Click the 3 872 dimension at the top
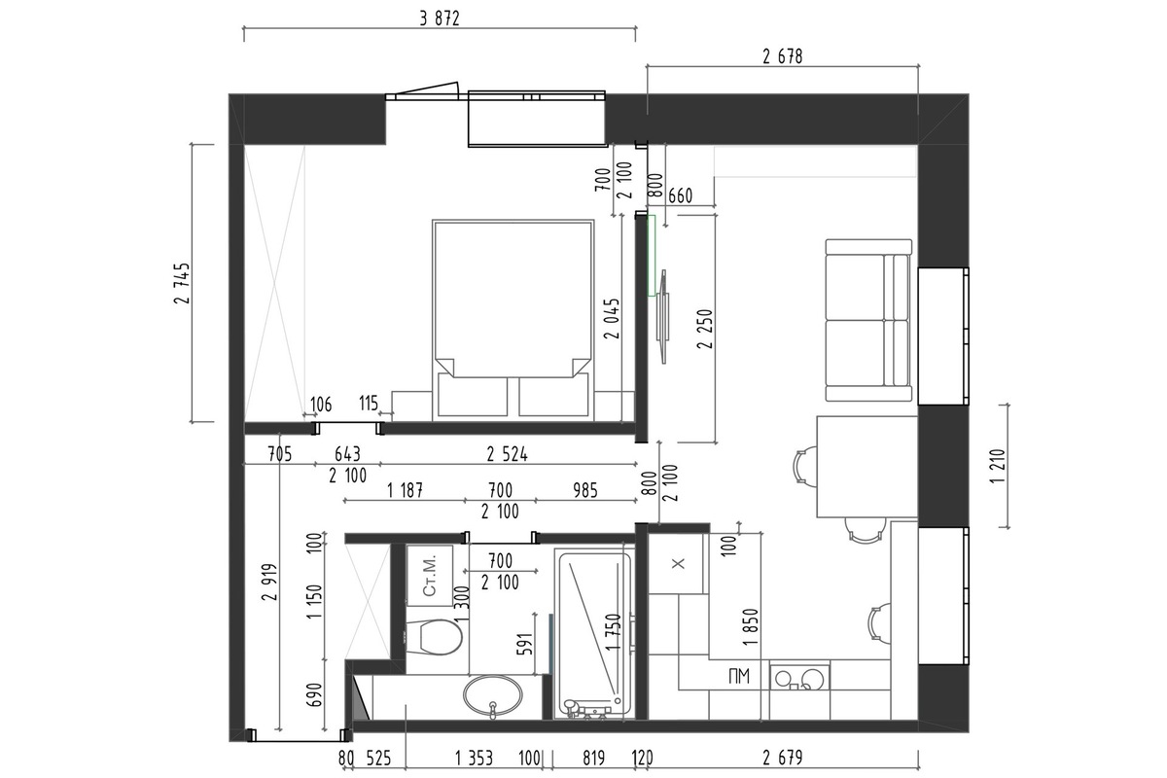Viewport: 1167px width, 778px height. (440, 18)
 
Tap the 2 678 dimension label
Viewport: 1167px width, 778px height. (783, 56)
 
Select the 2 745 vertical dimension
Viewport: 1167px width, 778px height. (183, 283)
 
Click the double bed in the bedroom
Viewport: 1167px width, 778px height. (513, 320)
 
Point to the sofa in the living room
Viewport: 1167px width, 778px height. (869, 320)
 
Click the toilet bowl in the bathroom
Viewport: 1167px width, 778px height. (434, 637)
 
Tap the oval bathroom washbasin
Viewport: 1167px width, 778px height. (493, 694)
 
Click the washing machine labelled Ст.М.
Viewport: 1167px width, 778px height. (430, 576)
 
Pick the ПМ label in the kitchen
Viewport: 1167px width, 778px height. (739, 677)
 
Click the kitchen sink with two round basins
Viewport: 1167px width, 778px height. (799, 678)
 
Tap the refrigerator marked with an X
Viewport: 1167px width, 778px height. (676, 564)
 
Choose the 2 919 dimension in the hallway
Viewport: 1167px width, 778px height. (270, 582)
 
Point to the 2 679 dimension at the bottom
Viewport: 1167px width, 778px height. (783, 758)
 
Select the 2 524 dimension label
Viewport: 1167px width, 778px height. (507, 455)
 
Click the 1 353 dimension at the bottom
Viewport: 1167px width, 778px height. (474, 758)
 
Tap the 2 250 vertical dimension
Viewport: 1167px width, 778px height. (704, 329)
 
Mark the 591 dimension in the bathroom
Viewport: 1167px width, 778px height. (526, 644)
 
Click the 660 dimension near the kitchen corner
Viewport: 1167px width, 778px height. (680, 195)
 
